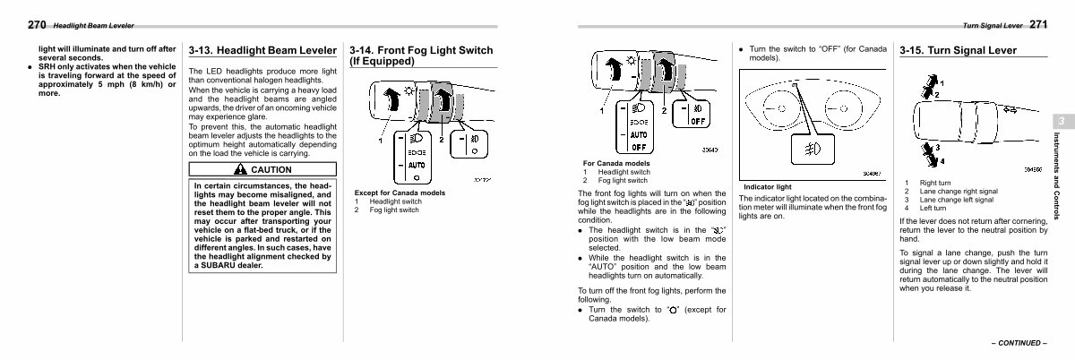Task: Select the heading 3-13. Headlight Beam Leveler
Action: tap(262, 51)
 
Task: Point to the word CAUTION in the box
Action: tap(271, 169)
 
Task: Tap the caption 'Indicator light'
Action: tap(767, 187)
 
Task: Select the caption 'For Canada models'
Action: tap(616, 164)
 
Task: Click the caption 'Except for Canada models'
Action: tap(400, 193)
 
